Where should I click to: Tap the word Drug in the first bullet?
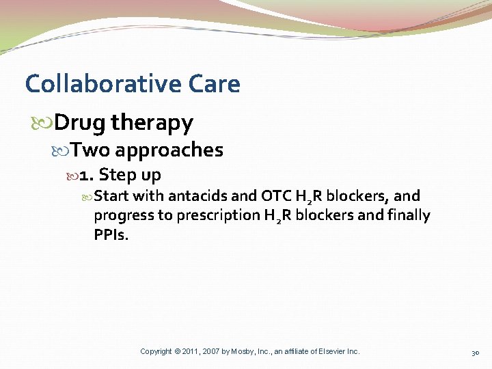[x=80, y=123]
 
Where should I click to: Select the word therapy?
[x=152, y=124]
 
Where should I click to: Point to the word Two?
[x=90, y=150]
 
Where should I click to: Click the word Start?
[x=111, y=197]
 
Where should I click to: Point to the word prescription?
[x=219, y=217]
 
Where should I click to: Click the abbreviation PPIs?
[x=110, y=235]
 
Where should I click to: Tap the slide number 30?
[x=476, y=352]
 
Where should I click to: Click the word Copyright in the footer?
[x=156, y=351]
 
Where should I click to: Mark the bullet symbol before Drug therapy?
[x=47, y=124]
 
